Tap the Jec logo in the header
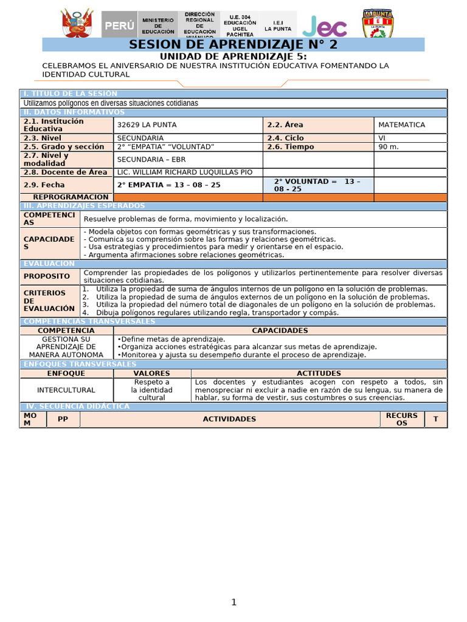pyautogui.click(x=325, y=26)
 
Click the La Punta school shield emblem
pyautogui.click(x=378, y=24)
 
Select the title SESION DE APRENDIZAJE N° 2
pyautogui.click(x=233, y=45)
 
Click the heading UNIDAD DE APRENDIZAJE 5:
pyautogui.click(x=233, y=56)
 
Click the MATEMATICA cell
pyautogui.click(x=401, y=125)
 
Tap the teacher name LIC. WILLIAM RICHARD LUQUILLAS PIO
pyautogui.click(x=184, y=173)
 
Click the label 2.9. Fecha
pyautogui.click(x=44, y=185)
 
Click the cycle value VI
pyautogui.click(x=382, y=138)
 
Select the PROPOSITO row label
pyautogui.click(x=47, y=276)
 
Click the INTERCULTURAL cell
pyautogui.click(x=66, y=390)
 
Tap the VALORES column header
pyautogui.click(x=151, y=374)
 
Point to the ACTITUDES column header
pyautogui.click(x=319, y=374)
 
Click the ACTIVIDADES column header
pyautogui.click(x=229, y=419)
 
